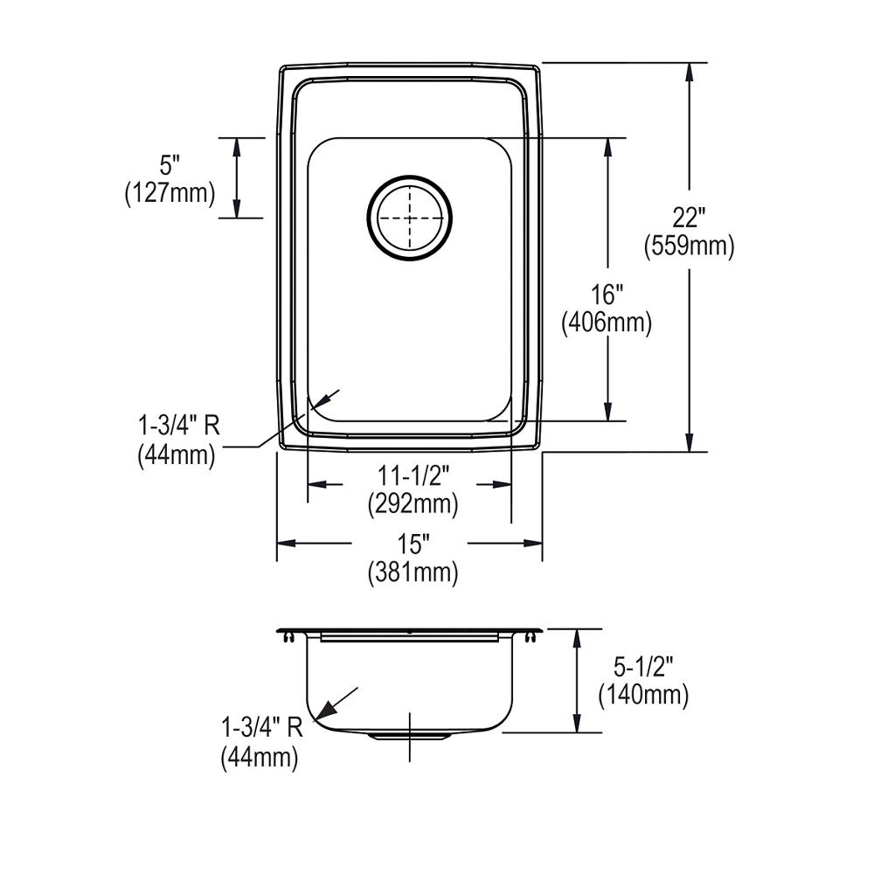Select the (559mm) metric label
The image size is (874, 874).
click(x=689, y=247)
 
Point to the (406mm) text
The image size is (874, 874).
click(x=607, y=324)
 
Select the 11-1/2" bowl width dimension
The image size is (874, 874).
click(x=413, y=477)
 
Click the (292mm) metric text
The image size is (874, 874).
click(x=413, y=504)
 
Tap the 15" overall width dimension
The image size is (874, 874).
click(x=412, y=545)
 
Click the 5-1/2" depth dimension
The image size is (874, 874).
click(x=642, y=669)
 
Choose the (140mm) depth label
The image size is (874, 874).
click(x=642, y=696)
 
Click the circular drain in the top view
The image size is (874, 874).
click(x=410, y=218)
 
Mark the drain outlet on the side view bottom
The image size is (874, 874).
click(x=409, y=736)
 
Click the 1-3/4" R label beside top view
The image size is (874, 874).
click(x=177, y=427)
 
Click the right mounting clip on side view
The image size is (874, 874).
click(x=530, y=640)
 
